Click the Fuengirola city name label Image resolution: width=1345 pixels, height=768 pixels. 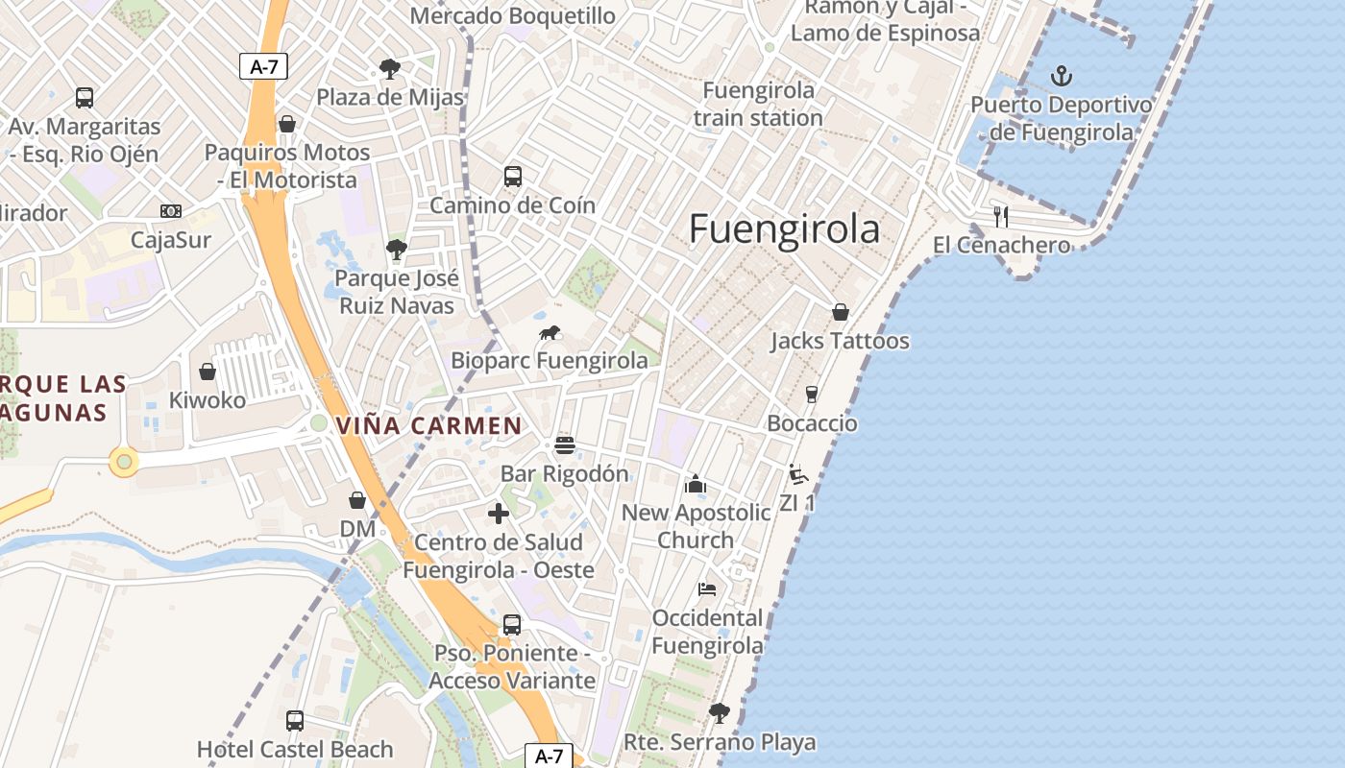pos(784,229)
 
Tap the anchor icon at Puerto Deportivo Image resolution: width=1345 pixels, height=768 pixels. pos(1062,76)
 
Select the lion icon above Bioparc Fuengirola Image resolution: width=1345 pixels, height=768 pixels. pos(550,333)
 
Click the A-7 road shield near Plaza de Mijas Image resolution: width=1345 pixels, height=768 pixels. pos(263,66)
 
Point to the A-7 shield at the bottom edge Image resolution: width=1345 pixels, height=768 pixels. pos(549,756)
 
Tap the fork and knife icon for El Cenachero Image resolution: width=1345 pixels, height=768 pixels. pos(1001,217)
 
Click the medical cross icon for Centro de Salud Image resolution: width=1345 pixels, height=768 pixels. pos(499,514)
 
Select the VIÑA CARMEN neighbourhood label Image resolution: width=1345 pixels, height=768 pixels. pos(428,425)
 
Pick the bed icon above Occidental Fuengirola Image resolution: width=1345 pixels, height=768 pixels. pos(707,589)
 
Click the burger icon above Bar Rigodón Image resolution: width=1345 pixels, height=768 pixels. pos(565,445)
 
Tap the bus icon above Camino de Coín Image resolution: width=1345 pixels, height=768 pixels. pos(513,177)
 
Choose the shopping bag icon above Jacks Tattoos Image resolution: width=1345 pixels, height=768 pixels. pos(841,312)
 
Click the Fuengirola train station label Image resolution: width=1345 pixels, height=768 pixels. pos(758,104)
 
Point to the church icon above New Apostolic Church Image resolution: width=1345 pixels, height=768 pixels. pos(696,485)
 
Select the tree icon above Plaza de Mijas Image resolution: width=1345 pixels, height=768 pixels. pos(389,69)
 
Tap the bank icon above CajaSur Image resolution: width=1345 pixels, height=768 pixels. pos(171,211)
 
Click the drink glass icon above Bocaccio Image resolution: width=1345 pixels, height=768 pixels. pos(812,395)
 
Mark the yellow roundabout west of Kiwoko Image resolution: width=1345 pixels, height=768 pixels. pos(123,462)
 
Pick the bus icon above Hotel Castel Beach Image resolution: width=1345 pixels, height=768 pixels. pos(295,720)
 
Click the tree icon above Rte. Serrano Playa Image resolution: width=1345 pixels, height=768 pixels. pos(719,713)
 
